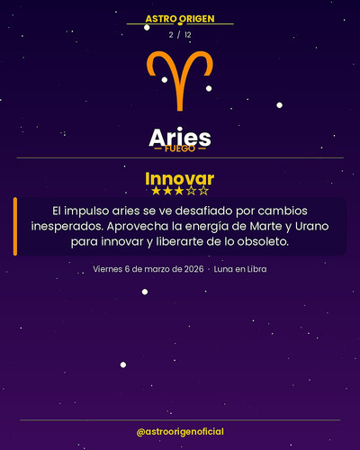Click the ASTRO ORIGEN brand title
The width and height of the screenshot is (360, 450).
pyautogui.click(x=180, y=19)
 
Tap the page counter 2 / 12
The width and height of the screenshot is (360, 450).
pyautogui.click(x=180, y=34)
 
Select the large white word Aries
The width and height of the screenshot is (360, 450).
pyautogui.click(x=180, y=137)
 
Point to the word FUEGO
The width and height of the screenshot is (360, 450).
pyautogui.click(x=180, y=149)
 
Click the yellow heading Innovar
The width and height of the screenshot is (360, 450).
pyautogui.click(x=180, y=177)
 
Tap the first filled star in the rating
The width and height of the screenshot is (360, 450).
pyautogui.click(x=156, y=191)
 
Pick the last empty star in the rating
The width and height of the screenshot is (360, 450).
pyautogui.click(x=204, y=191)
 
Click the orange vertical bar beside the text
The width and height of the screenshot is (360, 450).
pyautogui.click(x=15, y=226)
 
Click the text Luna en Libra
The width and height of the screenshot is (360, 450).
pyautogui.click(x=240, y=269)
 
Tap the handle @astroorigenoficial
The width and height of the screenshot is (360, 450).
pyautogui.click(x=180, y=433)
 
